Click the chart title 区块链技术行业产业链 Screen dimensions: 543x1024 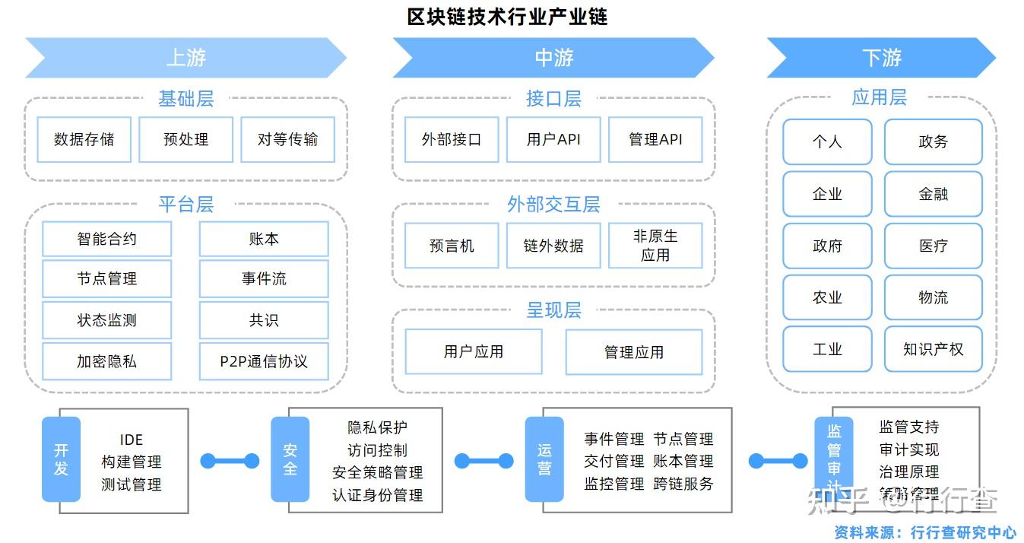pos(507,17)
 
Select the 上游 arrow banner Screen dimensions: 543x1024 pos(185,58)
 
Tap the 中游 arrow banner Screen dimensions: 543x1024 pos(553,58)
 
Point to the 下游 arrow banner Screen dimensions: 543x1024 pos(881,58)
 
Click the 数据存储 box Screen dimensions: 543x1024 pos(84,139)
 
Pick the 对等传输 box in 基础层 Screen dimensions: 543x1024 pos(287,139)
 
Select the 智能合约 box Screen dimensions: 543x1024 pos(106,239)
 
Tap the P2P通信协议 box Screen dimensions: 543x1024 pos(264,361)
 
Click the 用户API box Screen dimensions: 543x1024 pos(553,139)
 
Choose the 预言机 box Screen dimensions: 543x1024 pos(452,246)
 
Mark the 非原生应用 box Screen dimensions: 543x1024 pos(655,246)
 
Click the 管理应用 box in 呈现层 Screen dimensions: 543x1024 pos(633,352)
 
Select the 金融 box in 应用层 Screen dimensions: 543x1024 pos(933,194)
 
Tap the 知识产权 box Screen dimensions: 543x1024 pos(933,349)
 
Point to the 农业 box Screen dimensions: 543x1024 pos(827,297)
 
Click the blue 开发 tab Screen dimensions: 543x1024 pos(61,459)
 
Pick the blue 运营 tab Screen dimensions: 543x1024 pos(544,459)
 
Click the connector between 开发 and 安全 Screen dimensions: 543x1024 pos(230,461)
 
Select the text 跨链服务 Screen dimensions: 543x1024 pos(683,484)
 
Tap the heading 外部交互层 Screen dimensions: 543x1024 pos(553,204)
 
